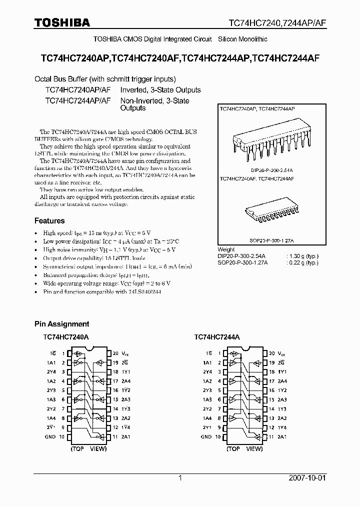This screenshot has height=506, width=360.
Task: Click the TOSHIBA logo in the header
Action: (62, 22)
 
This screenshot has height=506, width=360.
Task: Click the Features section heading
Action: (49, 220)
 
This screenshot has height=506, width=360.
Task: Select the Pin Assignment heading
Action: (61, 324)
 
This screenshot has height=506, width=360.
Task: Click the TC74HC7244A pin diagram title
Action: (217, 337)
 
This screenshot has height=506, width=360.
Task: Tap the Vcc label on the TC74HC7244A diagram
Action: (281, 353)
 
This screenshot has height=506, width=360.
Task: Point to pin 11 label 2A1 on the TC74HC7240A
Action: (126, 436)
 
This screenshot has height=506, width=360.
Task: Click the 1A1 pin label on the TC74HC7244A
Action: (206, 362)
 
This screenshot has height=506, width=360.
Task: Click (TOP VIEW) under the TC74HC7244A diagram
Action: (243, 448)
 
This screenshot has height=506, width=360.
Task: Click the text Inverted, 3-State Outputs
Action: (160, 90)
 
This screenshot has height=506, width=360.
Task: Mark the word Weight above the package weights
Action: (226, 249)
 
